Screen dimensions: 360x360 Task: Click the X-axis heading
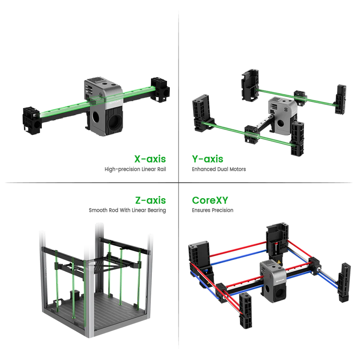point(150,159)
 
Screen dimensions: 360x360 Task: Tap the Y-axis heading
point(208,159)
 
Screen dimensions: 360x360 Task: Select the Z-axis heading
point(151,200)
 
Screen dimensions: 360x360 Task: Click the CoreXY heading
point(210,200)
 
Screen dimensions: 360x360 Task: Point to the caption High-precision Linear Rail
point(135,169)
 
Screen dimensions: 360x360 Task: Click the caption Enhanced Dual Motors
point(219,169)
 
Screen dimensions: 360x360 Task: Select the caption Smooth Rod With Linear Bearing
point(127,210)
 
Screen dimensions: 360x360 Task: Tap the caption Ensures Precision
point(213,210)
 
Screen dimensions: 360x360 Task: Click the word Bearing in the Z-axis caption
point(156,210)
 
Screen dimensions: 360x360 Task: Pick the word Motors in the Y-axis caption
point(238,169)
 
